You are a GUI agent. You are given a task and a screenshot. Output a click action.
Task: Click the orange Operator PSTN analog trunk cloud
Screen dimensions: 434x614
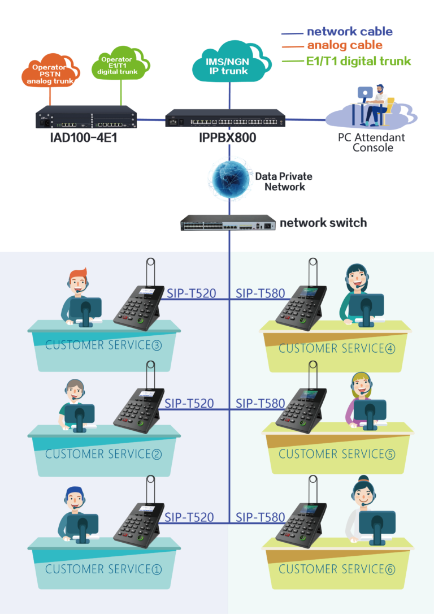[x=50, y=71]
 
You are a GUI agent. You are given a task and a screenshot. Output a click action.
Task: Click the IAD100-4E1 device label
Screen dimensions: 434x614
[x=84, y=138]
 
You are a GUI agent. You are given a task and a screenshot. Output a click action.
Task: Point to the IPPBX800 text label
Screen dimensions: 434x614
[x=227, y=138]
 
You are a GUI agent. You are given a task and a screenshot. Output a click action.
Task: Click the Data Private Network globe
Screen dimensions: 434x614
[x=230, y=179]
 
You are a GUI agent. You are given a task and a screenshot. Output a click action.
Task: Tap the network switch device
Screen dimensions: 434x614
[x=228, y=222]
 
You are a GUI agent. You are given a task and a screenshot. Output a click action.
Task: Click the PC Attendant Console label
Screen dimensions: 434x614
[x=371, y=142]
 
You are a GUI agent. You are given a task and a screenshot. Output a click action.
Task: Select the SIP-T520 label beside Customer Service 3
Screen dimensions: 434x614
[x=192, y=293]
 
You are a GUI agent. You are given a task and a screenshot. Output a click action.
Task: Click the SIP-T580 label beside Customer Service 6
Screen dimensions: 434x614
[x=261, y=517]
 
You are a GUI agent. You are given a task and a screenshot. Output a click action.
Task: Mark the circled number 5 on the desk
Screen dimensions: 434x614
[x=390, y=454]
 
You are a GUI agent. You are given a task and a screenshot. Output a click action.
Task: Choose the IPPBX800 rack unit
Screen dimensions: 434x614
[x=225, y=118]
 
